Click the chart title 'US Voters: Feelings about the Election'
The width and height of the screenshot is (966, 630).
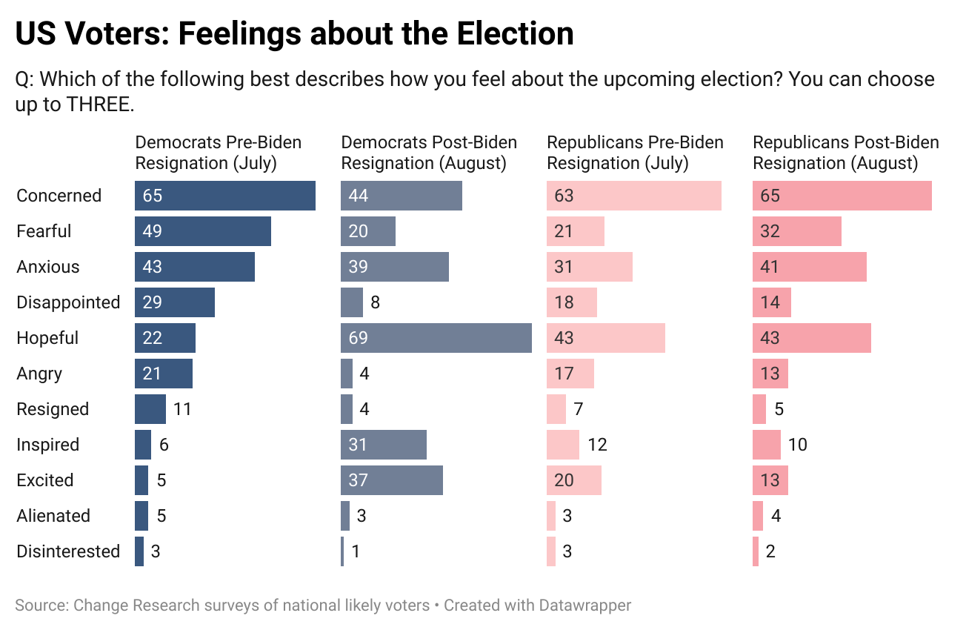click(x=294, y=34)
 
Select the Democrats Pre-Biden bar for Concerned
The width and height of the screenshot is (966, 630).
click(x=225, y=196)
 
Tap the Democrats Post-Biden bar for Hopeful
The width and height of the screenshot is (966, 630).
click(x=436, y=338)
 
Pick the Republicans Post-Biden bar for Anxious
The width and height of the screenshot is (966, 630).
click(x=810, y=267)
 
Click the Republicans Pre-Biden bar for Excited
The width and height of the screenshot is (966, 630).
click(x=574, y=480)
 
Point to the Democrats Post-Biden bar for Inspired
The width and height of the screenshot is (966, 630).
click(x=384, y=445)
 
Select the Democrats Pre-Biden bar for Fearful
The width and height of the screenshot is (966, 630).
click(x=203, y=231)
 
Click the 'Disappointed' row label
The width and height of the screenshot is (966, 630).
click(x=68, y=302)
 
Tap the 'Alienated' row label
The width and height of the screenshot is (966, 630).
click(x=53, y=516)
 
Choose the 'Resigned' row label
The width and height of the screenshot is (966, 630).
click(x=53, y=409)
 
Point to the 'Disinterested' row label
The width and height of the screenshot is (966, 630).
click(x=68, y=551)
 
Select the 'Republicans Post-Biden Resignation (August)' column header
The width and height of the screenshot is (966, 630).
click(x=846, y=153)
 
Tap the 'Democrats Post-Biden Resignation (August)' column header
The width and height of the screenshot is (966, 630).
click(x=429, y=153)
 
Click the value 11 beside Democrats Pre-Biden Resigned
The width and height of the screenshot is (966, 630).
click(x=182, y=409)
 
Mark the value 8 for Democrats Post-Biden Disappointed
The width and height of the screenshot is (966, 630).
click(x=376, y=302)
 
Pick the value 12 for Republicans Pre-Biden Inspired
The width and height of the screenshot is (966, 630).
click(x=597, y=445)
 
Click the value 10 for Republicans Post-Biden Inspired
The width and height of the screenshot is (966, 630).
click(x=798, y=445)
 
